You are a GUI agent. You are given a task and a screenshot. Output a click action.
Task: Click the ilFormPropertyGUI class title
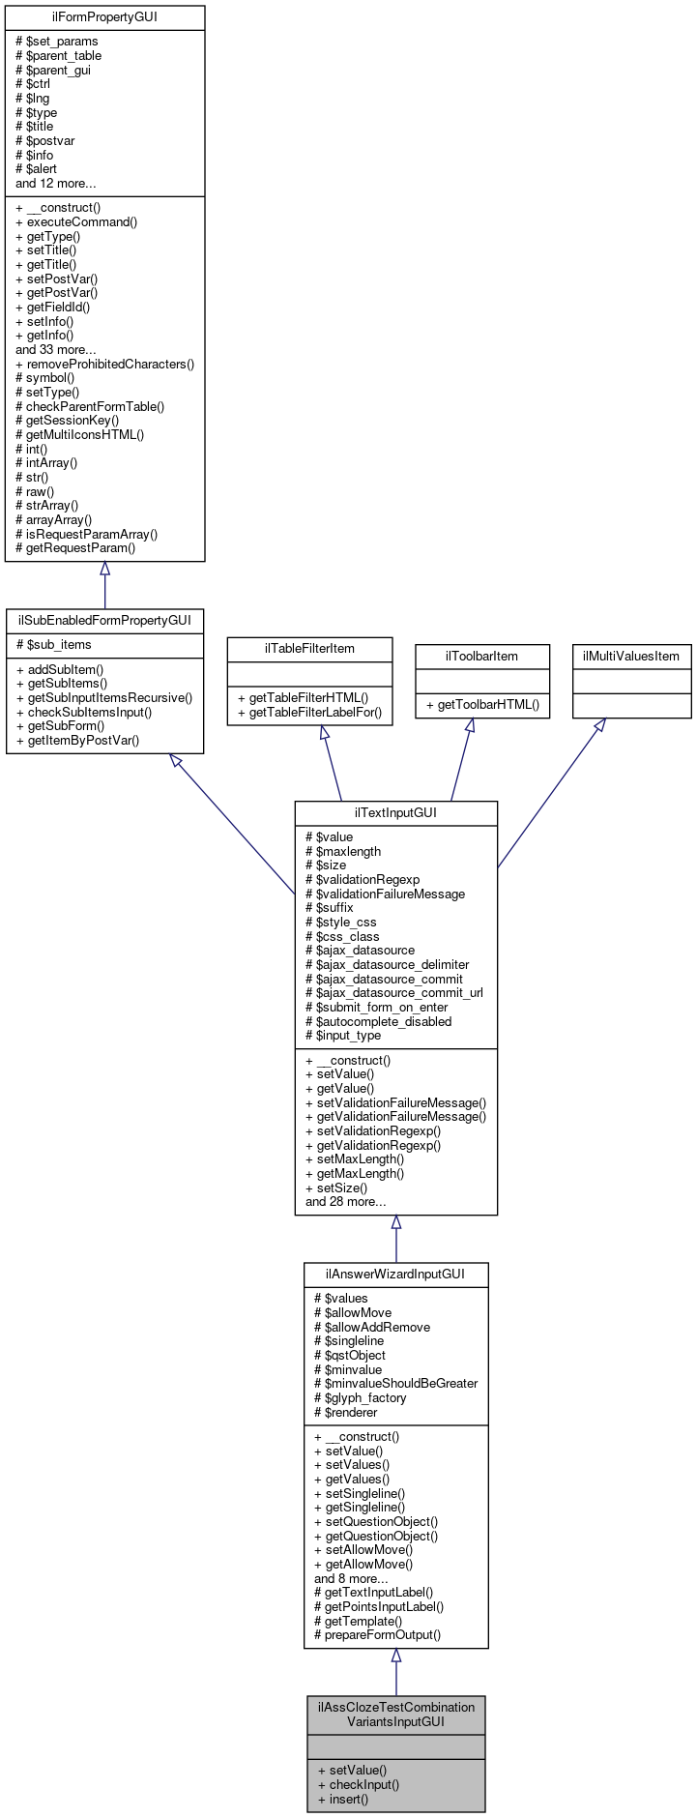[x=104, y=17]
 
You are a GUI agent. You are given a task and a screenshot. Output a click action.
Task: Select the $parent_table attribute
[x=58, y=55]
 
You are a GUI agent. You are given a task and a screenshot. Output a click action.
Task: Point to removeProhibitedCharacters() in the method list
[x=104, y=364]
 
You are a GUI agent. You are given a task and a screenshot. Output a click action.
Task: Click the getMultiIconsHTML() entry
[x=79, y=434]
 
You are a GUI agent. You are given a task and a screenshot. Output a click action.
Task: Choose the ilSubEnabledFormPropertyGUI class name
[x=104, y=620]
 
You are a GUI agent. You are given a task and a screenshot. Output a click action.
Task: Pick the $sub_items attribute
[x=53, y=645]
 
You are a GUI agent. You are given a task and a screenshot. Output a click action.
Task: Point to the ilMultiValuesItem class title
[x=631, y=656]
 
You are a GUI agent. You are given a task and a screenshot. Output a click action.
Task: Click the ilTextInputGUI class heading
[x=395, y=812]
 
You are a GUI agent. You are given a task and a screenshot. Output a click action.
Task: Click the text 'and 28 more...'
[x=345, y=1202]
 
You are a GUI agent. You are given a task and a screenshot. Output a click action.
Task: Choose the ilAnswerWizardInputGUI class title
[x=395, y=1274]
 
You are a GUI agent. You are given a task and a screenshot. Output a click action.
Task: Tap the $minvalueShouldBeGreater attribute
[x=395, y=1383]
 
